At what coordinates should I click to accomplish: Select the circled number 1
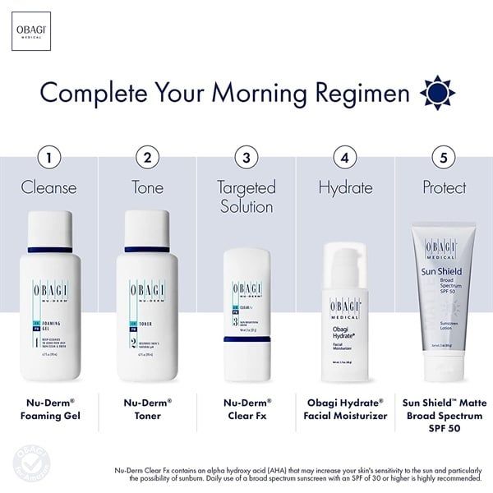49,156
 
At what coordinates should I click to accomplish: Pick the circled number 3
246,156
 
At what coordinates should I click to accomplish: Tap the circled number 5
445,156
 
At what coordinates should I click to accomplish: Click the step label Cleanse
49,187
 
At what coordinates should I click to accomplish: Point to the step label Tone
148,187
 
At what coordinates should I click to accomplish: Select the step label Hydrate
345,187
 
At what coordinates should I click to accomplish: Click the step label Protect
445,187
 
